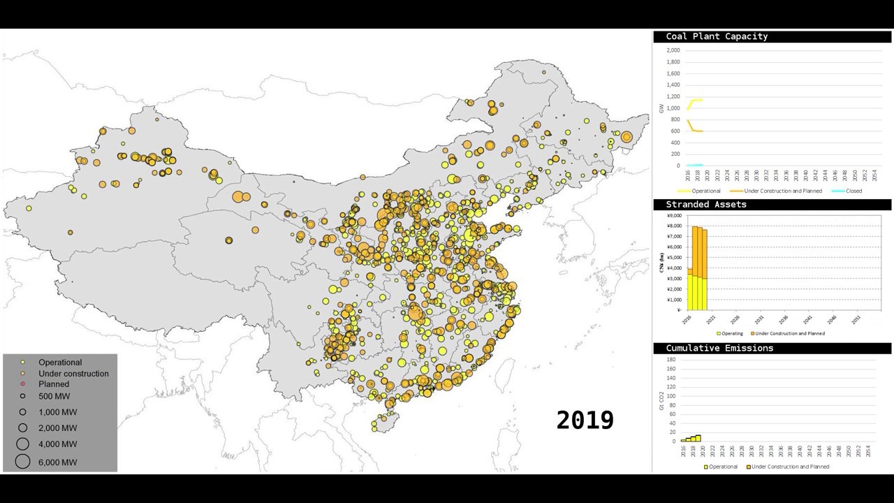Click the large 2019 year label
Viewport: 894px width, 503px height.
585,420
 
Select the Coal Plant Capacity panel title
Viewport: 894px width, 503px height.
716,36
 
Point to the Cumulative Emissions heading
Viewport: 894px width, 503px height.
719,348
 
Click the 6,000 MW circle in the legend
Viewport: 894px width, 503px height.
23,461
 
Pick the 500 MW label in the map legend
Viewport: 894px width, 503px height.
54,396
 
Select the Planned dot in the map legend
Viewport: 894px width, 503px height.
23,384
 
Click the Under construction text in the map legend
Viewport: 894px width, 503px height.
73,374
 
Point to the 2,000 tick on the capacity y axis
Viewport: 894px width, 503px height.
673,50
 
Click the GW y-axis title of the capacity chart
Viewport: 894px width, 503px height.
661,108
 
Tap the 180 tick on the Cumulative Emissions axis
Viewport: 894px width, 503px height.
670,360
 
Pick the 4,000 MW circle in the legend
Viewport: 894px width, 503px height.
23,444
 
